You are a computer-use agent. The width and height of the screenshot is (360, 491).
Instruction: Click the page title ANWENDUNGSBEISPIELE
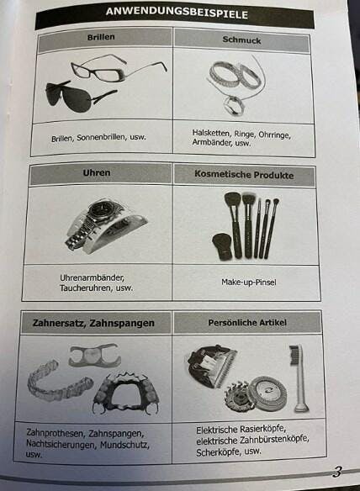point(177,13)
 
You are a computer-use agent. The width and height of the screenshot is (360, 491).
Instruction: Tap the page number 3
point(337,472)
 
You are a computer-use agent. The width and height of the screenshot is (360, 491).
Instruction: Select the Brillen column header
point(101,37)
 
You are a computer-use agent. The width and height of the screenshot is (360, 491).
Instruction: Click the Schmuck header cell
point(241,40)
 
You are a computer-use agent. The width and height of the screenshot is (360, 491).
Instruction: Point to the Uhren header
point(97,172)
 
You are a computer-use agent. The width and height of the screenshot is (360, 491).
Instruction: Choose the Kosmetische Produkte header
point(244,174)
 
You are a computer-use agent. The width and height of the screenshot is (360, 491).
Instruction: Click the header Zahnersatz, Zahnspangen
point(93,323)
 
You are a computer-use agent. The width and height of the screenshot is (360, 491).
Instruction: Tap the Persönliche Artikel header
point(247,322)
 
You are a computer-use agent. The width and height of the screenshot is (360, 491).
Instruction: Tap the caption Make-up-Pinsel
point(249,282)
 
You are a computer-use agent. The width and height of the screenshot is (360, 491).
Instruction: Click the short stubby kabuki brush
point(222,246)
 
